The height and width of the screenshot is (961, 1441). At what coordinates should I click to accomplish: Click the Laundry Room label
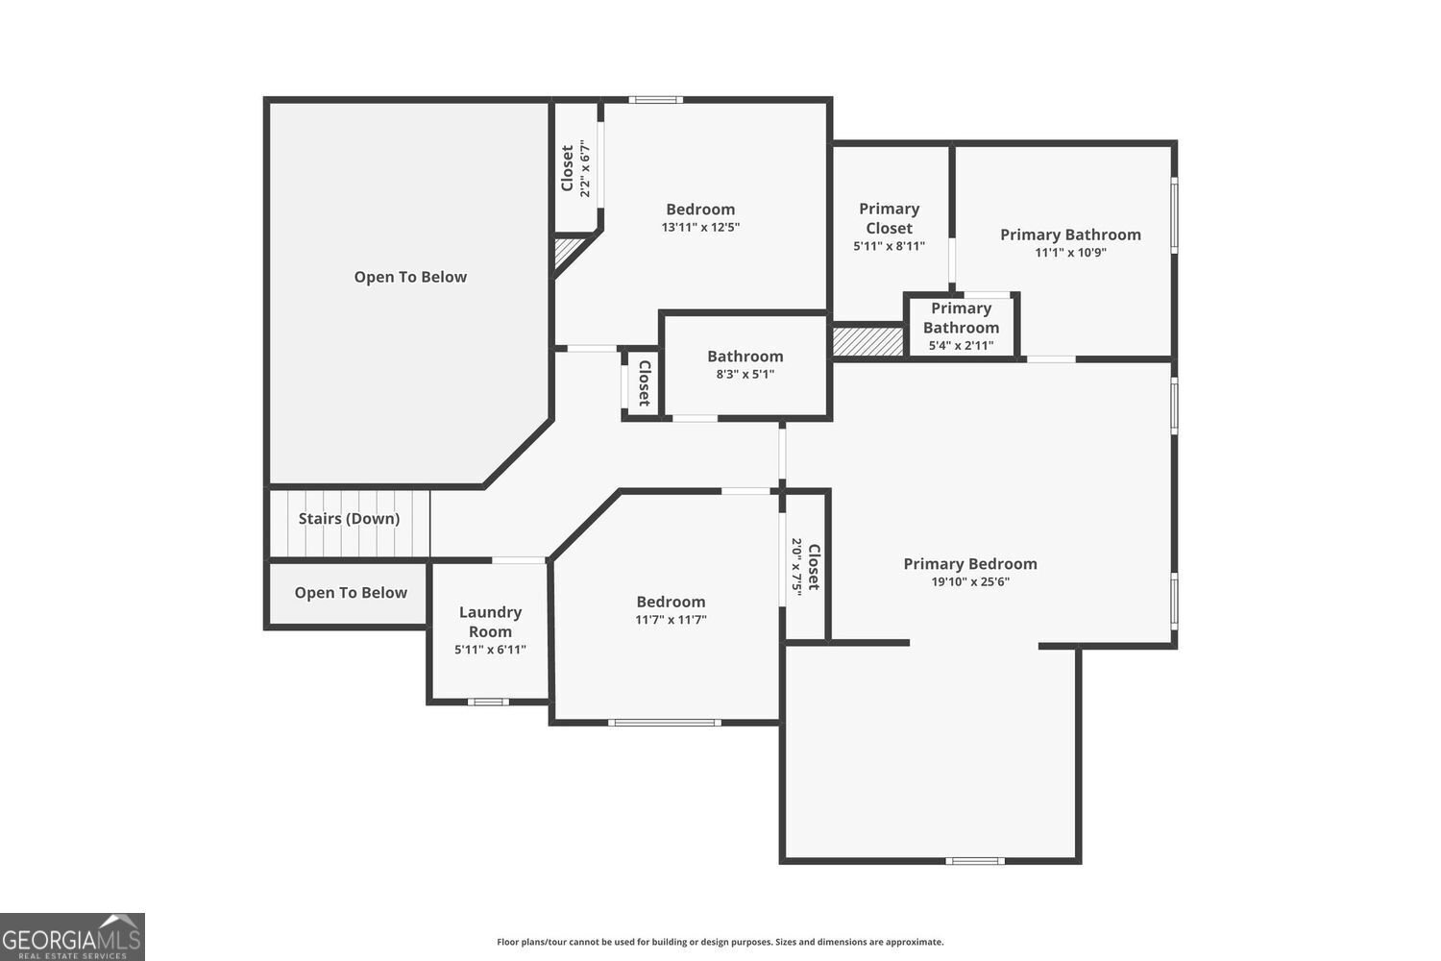click(x=490, y=622)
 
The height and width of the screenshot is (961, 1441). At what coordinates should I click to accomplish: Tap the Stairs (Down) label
click(x=349, y=519)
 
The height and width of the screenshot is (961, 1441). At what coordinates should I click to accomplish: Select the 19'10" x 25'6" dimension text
click(x=970, y=581)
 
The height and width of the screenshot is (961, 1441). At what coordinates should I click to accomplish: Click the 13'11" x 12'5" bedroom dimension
click(x=700, y=228)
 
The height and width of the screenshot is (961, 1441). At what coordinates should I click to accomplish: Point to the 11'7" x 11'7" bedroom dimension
click(x=671, y=620)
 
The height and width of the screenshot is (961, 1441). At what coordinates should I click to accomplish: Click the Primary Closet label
click(x=889, y=218)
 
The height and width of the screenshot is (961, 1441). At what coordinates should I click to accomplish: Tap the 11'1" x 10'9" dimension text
click(x=1070, y=253)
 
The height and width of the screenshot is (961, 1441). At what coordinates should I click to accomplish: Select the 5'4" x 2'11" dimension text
click(x=961, y=345)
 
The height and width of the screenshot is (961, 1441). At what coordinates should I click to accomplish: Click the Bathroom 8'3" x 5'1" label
click(x=745, y=357)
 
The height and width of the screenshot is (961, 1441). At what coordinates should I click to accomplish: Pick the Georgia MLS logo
click(x=72, y=936)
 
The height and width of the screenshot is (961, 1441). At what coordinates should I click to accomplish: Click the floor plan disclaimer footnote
click(x=720, y=942)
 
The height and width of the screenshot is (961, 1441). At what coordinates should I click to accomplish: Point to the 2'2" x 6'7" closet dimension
click(x=584, y=168)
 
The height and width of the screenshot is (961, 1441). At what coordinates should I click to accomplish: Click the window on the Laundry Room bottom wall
click(x=488, y=702)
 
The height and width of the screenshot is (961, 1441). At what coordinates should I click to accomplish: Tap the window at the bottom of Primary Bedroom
click(x=974, y=861)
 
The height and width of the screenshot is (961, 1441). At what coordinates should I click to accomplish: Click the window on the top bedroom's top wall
click(x=656, y=99)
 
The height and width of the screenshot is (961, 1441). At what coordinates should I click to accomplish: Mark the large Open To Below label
click(x=410, y=277)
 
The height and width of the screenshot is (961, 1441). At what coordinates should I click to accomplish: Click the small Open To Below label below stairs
click(x=351, y=593)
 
